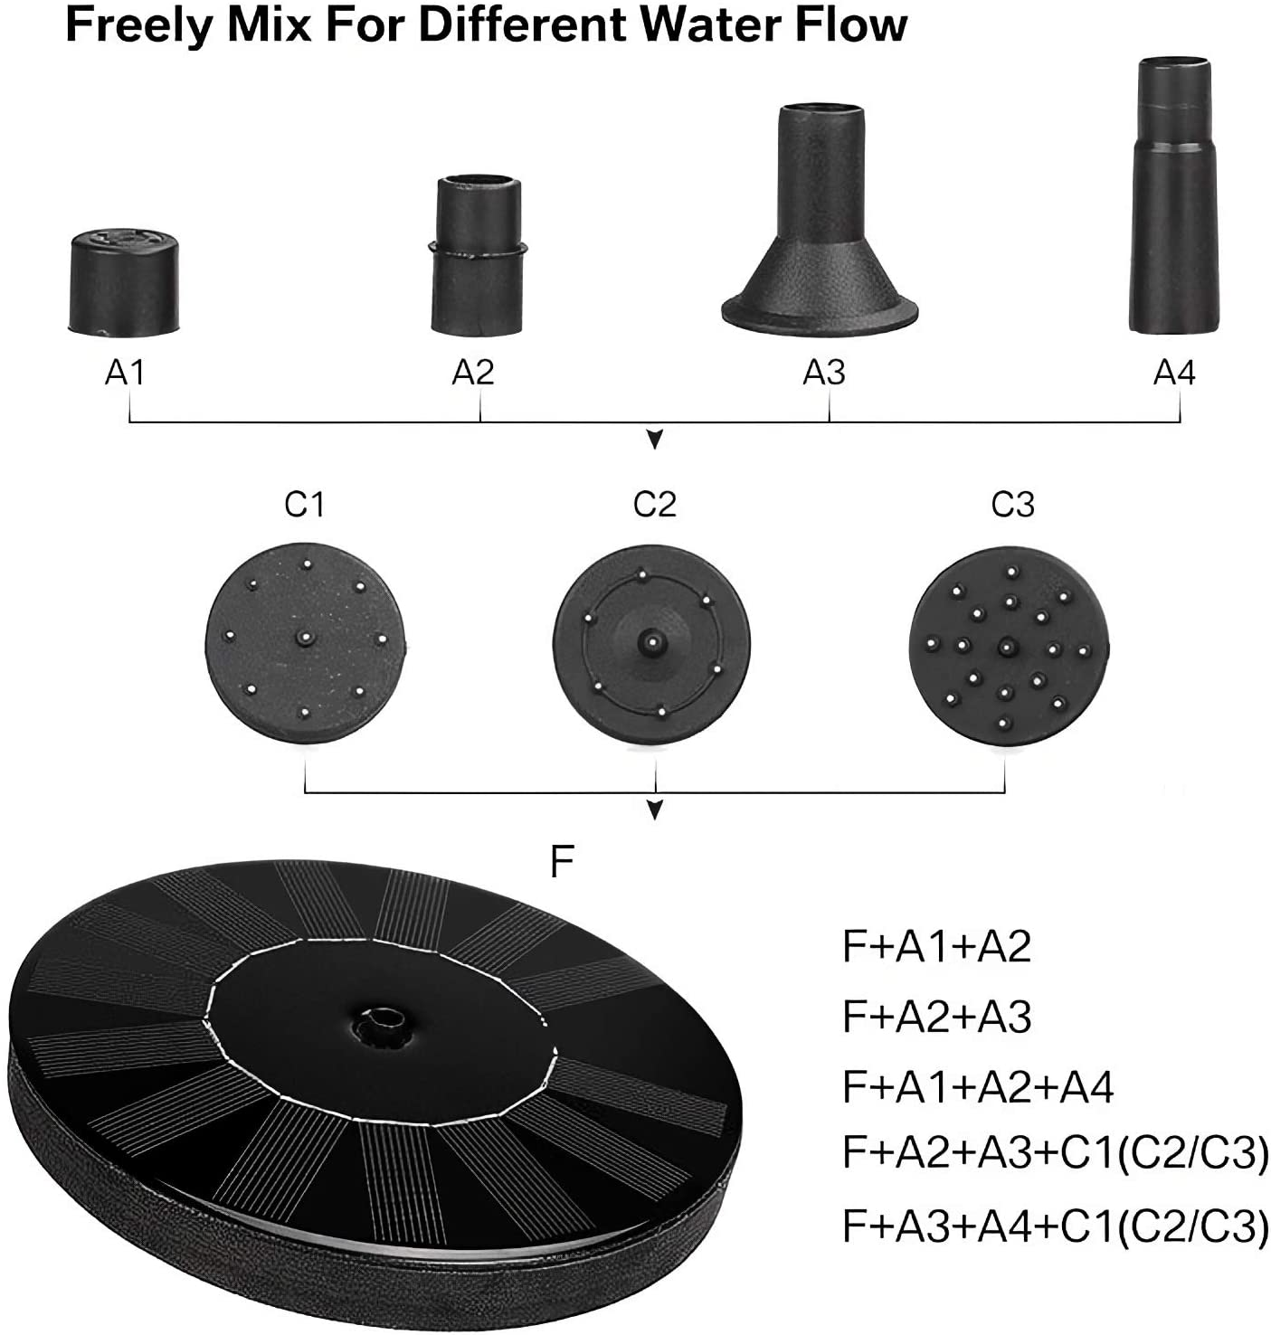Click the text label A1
point(125,373)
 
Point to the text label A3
point(823,373)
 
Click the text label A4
point(1174,373)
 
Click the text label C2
point(654,505)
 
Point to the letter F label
point(562,863)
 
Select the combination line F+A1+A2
point(936,947)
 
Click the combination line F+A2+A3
point(936,1017)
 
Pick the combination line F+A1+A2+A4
point(977,1086)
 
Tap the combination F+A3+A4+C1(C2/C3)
point(1055,1226)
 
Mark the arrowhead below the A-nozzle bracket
point(655,440)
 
